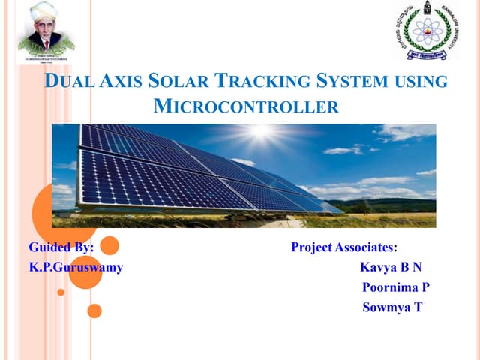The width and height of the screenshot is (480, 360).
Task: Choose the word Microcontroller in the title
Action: (246, 106)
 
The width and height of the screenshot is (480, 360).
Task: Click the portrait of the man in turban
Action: (46, 31)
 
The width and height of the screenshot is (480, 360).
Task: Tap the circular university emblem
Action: (425, 30)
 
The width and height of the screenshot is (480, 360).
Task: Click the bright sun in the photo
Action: (261, 133)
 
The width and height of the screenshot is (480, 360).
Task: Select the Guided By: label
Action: (61, 247)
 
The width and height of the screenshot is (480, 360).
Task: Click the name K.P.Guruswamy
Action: (76, 266)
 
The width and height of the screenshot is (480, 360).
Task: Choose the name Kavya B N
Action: (391, 266)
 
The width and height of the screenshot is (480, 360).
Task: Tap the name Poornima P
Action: (395, 286)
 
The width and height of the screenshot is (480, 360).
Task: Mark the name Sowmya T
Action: (392, 307)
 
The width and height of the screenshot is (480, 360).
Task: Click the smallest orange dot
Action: (61, 292)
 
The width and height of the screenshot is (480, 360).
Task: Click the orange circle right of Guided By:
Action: (109, 245)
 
